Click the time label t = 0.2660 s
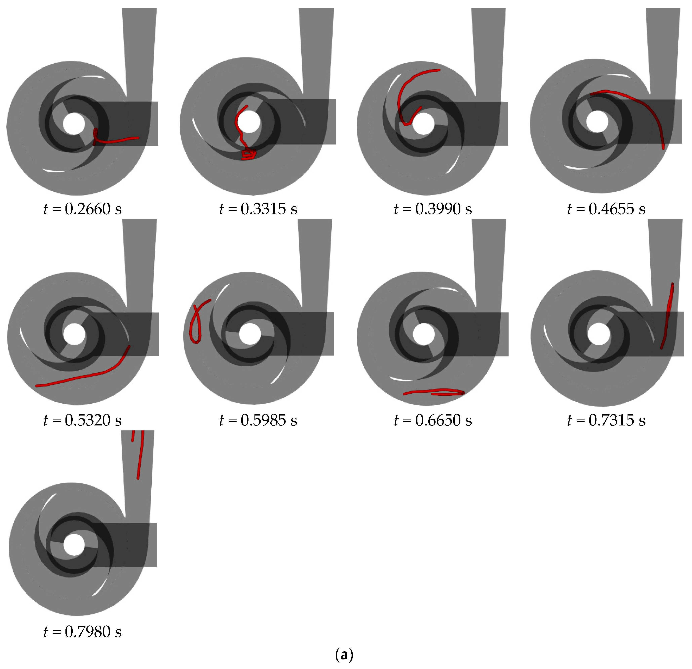(x=82, y=209)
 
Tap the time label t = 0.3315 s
(x=258, y=209)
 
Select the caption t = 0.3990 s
(x=433, y=209)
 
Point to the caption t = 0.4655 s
(x=606, y=209)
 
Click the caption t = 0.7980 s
(x=82, y=632)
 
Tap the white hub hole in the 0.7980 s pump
(x=74, y=544)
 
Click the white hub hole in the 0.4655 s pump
(x=597, y=121)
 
